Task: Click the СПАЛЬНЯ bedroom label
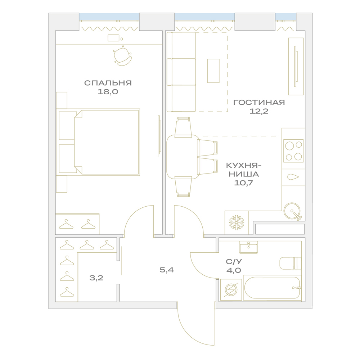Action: point(108,83)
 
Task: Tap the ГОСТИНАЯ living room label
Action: point(259,102)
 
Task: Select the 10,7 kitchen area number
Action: point(243,183)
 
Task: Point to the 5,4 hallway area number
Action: point(167,270)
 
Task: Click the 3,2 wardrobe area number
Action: point(96,278)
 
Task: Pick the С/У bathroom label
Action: point(234,261)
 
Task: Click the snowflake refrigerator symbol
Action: point(237,222)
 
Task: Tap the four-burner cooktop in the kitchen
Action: point(293,151)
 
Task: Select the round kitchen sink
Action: point(292,211)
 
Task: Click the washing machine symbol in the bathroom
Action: point(231,289)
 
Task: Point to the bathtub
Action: point(272,287)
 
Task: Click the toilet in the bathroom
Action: point(290,263)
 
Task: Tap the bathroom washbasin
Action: point(248,247)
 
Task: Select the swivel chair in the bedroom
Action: point(122,56)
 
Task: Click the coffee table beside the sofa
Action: point(213,71)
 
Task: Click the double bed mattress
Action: point(107,142)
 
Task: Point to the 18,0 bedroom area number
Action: point(108,92)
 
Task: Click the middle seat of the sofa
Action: point(184,72)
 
